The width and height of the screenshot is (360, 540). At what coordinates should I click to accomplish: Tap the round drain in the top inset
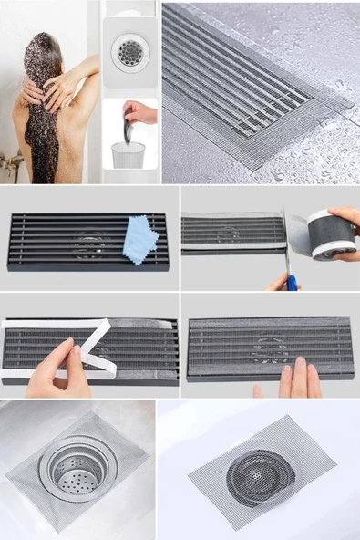tap(129, 52)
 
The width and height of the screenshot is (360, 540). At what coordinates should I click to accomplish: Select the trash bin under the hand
tap(129, 154)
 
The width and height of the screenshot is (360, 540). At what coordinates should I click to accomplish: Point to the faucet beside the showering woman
tap(11, 164)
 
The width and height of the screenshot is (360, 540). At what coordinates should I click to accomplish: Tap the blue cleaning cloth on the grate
tap(140, 238)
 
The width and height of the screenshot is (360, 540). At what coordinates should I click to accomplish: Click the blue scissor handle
tap(291, 281)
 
